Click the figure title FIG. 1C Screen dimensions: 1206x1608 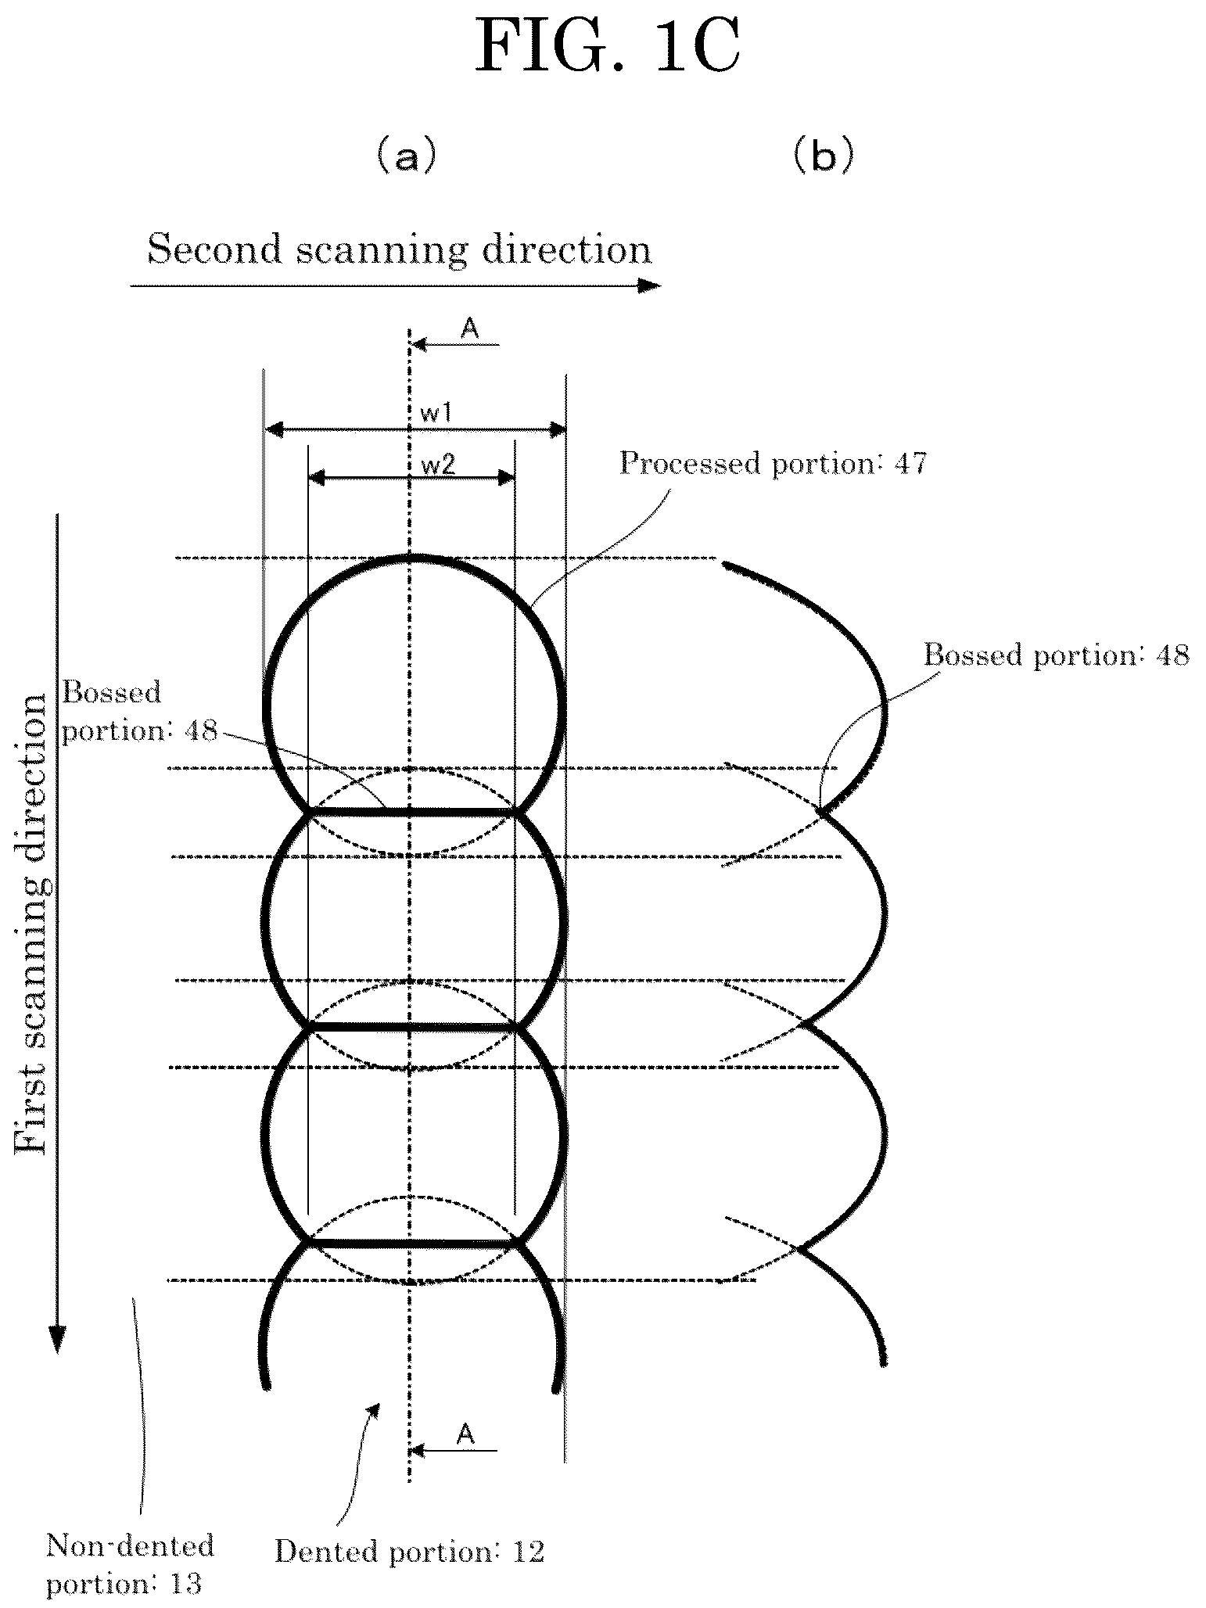point(608,48)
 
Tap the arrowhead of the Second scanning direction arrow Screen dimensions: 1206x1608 point(651,286)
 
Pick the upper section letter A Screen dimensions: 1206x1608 point(469,329)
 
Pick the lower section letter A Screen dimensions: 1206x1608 point(465,1434)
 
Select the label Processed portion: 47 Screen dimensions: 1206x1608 point(773,464)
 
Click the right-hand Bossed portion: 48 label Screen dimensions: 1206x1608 point(1057,654)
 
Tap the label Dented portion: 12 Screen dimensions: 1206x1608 point(409,1551)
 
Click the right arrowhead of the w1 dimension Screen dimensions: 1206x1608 point(558,429)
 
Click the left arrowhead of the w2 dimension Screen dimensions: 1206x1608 point(316,477)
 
